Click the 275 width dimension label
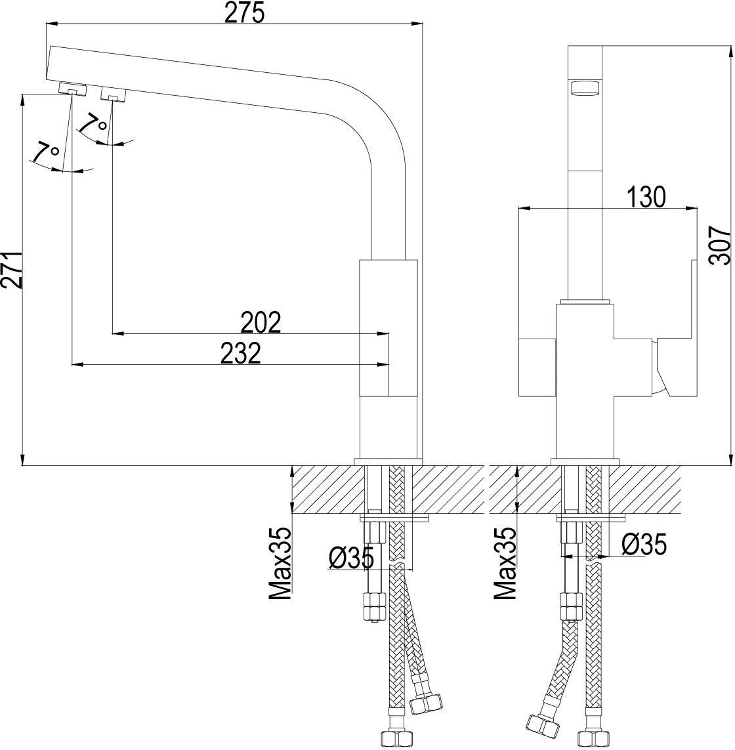pos(245,12)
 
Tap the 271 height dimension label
pos(12,269)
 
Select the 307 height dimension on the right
pos(720,245)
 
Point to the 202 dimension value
pos(261,322)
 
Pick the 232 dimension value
pos(241,353)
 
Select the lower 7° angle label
pos(45,152)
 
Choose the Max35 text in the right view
pos(506,565)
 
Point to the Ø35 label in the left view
pos(351,558)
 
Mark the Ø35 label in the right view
pos(643,544)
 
